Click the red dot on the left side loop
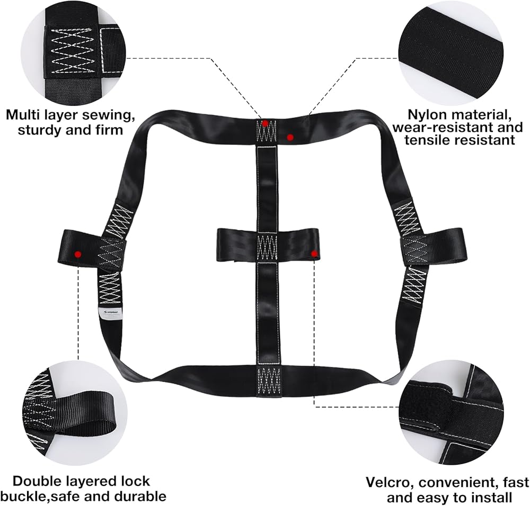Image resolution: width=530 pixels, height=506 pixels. click(78, 254)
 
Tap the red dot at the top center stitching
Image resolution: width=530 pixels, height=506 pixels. click(265, 123)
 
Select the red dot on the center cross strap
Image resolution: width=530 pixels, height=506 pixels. click(314, 254)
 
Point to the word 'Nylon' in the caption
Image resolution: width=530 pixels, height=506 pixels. click(428, 114)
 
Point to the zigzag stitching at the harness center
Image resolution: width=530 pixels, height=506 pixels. click(267, 247)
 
